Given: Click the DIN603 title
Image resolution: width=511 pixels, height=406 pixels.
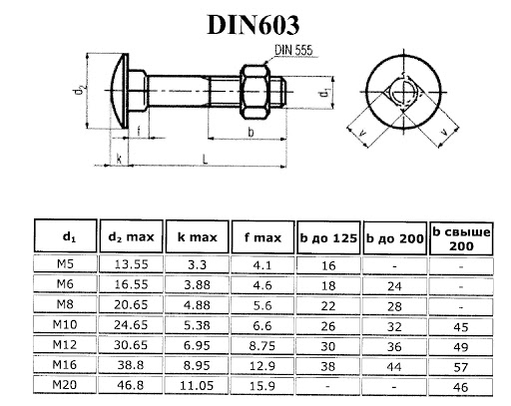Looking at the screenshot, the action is click(x=254, y=25).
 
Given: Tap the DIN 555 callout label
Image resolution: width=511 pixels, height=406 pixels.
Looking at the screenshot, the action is click(x=293, y=50).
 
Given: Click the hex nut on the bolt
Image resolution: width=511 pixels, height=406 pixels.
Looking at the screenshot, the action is click(x=255, y=92).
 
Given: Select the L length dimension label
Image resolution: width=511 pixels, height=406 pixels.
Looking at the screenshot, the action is click(x=206, y=159).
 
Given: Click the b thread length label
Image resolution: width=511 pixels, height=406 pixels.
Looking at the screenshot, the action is click(x=251, y=132).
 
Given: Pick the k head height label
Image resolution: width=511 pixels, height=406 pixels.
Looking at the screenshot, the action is click(x=119, y=159).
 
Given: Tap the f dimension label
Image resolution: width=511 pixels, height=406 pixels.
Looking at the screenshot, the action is click(x=139, y=131).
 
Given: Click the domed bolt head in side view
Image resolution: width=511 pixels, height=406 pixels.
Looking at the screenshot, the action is click(x=120, y=91).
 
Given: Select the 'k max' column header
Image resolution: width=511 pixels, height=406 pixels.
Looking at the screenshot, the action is click(x=197, y=237).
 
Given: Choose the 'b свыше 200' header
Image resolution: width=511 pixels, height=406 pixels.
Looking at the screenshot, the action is click(x=461, y=238).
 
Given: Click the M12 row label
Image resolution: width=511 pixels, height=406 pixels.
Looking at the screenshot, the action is click(x=65, y=344).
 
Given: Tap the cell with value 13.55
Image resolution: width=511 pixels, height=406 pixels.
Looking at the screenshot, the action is click(x=131, y=264).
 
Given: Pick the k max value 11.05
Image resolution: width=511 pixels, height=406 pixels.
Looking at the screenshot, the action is click(x=197, y=385).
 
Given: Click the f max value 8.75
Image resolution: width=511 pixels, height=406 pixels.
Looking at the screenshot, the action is click(x=262, y=346).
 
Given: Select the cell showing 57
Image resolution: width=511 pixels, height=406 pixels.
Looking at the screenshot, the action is click(x=461, y=367).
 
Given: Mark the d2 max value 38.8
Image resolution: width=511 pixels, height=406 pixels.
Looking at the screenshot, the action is click(x=131, y=365).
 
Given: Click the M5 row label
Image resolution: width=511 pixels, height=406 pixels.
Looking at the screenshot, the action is click(x=65, y=264).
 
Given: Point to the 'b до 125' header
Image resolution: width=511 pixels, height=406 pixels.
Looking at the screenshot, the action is click(x=328, y=238).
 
